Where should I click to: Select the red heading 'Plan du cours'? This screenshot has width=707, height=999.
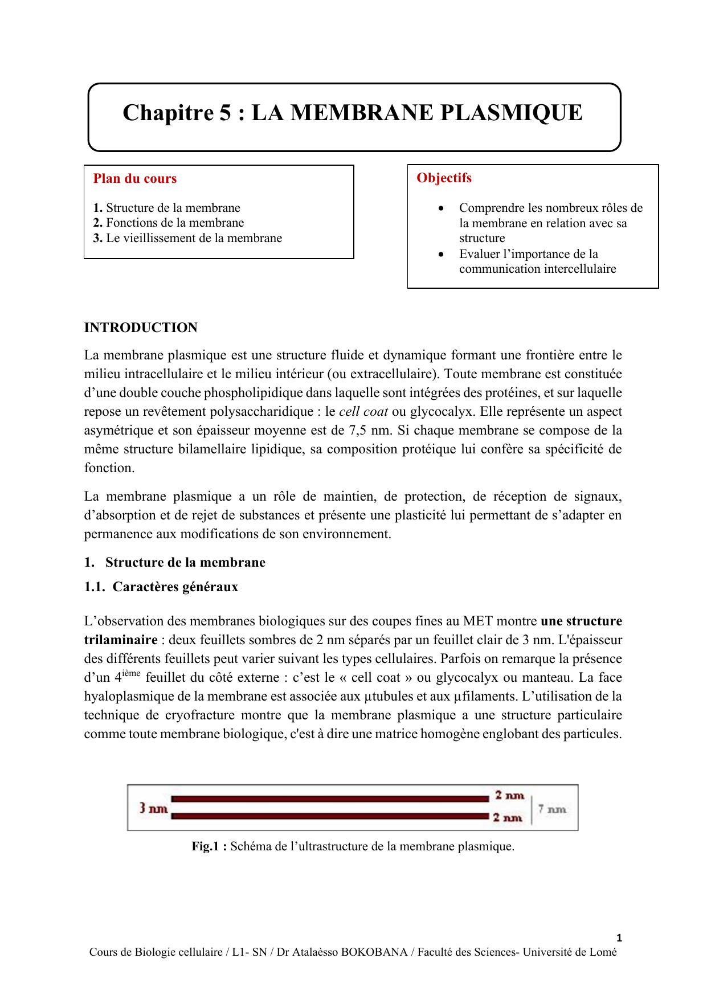click(x=135, y=179)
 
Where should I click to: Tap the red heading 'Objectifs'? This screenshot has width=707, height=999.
click(x=444, y=178)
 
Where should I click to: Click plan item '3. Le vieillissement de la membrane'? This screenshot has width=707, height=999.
click(x=187, y=238)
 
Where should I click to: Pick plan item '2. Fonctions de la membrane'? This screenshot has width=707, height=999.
click(x=169, y=223)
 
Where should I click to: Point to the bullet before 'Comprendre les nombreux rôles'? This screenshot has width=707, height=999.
click(x=441, y=208)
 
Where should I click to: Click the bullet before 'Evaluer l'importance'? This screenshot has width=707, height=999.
click(x=441, y=255)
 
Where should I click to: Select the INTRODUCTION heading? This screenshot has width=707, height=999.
click(x=141, y=327)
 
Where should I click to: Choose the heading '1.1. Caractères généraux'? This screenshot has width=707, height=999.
click(x=161, y=587)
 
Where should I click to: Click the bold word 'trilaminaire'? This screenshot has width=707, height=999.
click(x=121, y=640)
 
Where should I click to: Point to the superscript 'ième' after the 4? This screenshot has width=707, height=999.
click(x=131, y=673)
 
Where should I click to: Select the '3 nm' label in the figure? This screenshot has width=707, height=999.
click(x=153, y=808)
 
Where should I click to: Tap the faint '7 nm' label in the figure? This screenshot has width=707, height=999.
click(x=552, y=809)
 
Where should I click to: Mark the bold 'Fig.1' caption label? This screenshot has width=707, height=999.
click(x=206, y=846)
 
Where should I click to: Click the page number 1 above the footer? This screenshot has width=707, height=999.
click(x=619, y=938)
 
